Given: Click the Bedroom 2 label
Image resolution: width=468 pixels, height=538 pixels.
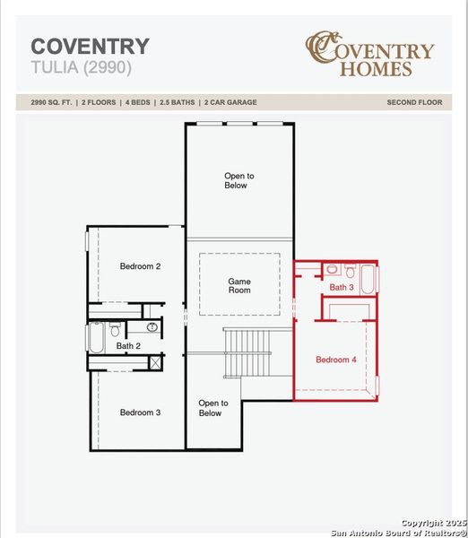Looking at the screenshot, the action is click(x=140, y=266).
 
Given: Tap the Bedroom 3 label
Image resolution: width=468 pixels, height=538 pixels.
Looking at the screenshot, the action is click(x=140, y=412).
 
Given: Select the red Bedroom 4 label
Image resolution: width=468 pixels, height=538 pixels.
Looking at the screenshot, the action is click(x=336, y=360).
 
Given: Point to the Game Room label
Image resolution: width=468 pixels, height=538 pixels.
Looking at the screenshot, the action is click(x=239, y=286).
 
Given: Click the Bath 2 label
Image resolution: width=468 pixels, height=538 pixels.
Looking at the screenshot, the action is click(x=128, y=346).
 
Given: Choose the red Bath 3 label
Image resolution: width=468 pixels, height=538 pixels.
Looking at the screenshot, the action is click(x=342, y=287).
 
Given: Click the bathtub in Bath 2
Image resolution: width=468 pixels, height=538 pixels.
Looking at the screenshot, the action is click(x=97, y=338).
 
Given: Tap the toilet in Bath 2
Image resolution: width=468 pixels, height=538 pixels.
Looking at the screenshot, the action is click(x=115, y=329).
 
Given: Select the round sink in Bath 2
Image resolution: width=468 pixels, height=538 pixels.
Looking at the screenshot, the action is click(x=152, y=327).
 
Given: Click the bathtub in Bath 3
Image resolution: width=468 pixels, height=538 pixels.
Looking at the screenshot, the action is click(x=368, y=279).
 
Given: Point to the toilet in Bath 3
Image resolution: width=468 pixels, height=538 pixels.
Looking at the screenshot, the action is click(x=350, y=271).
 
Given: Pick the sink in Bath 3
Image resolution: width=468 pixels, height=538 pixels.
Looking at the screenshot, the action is click(x=332, y=269).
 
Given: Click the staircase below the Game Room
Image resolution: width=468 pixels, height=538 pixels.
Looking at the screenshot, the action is click(x=247, y=353).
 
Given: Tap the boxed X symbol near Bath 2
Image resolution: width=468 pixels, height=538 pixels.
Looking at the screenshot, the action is click(x=155, y=362).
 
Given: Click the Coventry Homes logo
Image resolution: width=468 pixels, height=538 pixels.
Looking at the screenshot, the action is click(x=370, y=54).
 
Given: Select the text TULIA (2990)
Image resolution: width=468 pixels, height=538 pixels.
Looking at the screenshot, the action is click(x=81, y=67).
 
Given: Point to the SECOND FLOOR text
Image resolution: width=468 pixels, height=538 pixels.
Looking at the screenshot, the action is click(x=414, y=102).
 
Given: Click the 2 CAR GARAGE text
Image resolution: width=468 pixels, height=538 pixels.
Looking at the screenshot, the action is click(x=230, y=102).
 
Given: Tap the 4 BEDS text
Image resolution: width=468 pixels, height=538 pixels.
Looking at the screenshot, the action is click(x=137, y=102).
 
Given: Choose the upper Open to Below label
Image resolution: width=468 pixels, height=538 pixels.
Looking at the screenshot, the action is click(x=239, y=180).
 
